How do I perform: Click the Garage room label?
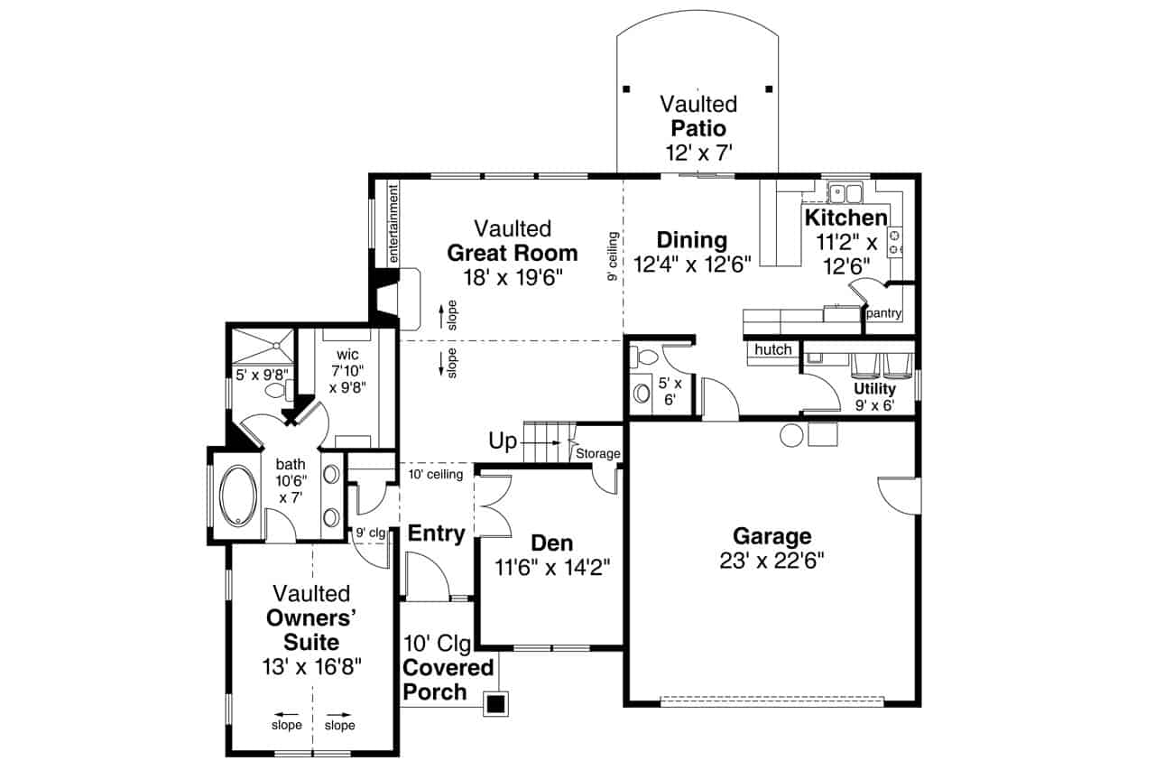772,536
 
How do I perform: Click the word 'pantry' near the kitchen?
883,314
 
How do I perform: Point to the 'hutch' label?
773,349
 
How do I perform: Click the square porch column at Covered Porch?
494,703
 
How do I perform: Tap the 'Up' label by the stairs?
503,441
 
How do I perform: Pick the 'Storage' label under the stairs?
597,453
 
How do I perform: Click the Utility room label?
873,389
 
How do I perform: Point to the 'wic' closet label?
347,354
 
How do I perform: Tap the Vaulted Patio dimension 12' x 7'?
698,153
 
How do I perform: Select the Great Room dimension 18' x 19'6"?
513,277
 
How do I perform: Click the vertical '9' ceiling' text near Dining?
613,257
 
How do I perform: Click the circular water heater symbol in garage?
791,435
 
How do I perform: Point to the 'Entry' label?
436,533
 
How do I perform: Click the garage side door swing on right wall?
898,493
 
